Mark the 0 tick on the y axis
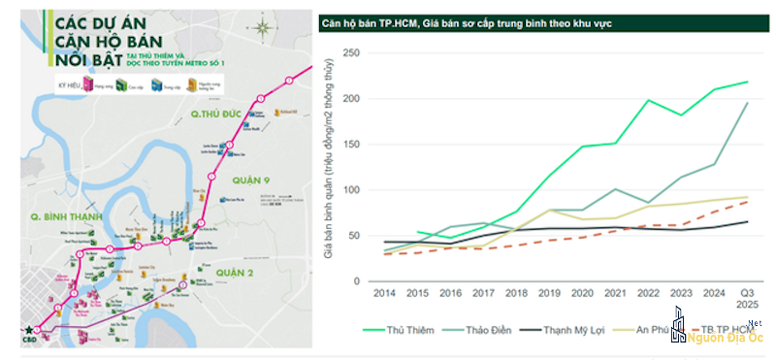pyautogui.click(x=357, y=281)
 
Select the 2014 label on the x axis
pyautogui.click(x=383, y=292)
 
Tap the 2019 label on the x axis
pyautogui.click(x=550, y=292)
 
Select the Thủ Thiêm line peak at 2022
pyautogui.click(x=649, y=100)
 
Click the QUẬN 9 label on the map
pyautogui.click(x=242, y=180)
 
